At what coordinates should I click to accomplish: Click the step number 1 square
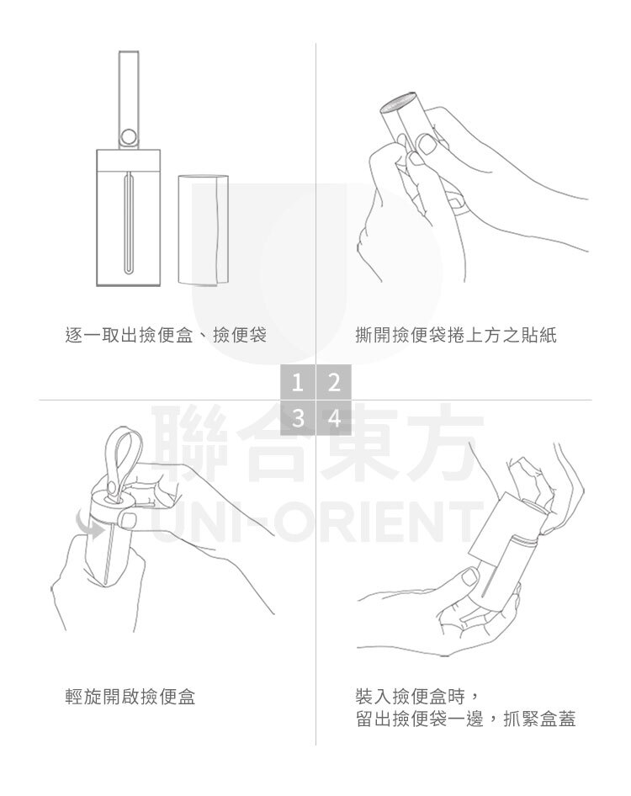click(x=298, y=382)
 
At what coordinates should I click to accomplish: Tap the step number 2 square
click(x=334, y=382)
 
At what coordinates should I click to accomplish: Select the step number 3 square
click(x=298, y=418)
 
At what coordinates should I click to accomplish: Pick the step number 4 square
click(x=334, y=418)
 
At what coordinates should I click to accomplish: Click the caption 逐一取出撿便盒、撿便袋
click(x=166, y=335)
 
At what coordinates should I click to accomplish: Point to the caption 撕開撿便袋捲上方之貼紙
click(x=456, y=335)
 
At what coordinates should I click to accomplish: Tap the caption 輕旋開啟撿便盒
click(x=130, y=697)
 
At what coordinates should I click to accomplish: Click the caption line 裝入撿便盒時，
click(x=416, y=697)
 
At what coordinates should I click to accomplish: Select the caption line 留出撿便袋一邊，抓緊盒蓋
click(x=465, y=719)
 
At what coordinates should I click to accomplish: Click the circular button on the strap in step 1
click(x=129, y=136)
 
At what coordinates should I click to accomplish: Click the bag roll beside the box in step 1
click(x=203, y=230)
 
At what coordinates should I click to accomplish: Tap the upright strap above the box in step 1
click(x=129, y=99)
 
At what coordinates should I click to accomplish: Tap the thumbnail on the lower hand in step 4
click(x=470, y=576)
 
